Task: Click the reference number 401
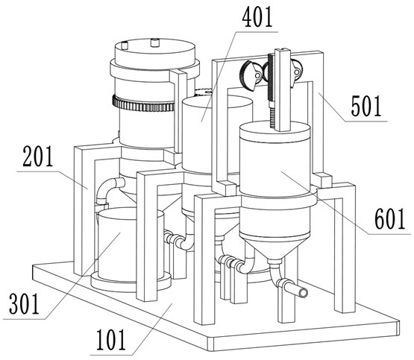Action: click(x=257, y=18)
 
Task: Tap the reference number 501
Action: click(x=366, y=107)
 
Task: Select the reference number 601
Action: click(x=390, y=218)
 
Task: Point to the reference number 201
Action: click(x=38, y=157)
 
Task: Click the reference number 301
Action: click(x=24, y=304)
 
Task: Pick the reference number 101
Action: click(x=110, y=340)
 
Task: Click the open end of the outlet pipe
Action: click(x=304, y=292)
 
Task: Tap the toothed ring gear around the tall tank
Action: click(x=143, y=104)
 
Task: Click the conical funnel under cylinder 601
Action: click(x=274, y=248)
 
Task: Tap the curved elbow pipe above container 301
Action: click(x=109, y=189)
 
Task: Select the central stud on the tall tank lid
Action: click(x=155, y=42)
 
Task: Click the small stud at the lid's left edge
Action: click(x=124, y=45)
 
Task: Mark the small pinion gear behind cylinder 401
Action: click(x=204, y=92)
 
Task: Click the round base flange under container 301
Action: click(x=131, y=282)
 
